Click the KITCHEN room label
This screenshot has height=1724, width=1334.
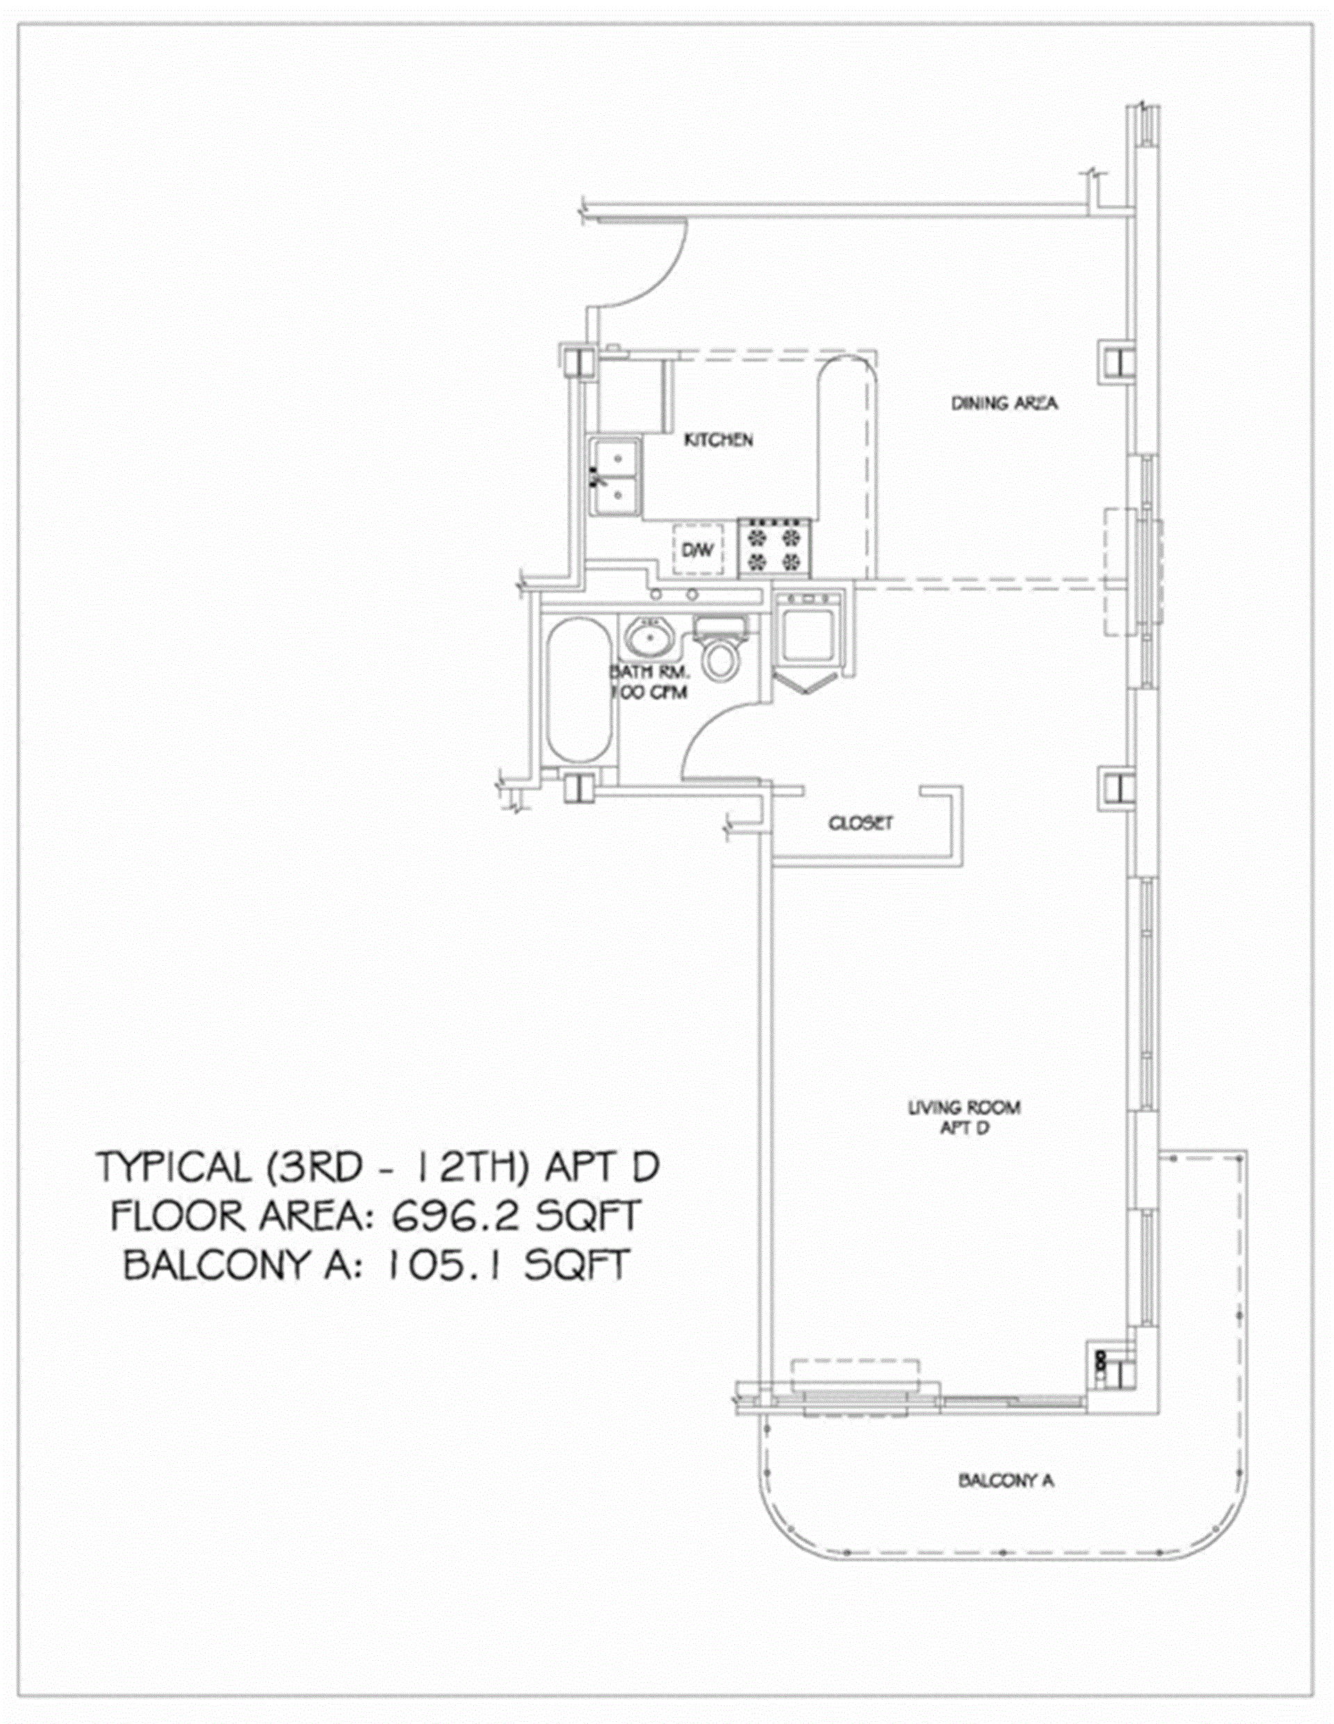(x=718, y=440)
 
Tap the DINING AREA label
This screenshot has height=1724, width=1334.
(x=1004, y=403)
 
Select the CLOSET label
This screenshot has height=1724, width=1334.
(x=860, y=823)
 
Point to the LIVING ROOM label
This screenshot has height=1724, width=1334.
(x=964, y=1107)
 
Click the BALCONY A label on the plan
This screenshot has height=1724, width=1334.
(x=1006, y=1480)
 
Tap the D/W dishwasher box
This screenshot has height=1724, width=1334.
(x=697, y=550)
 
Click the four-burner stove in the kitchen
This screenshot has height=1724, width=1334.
(x=775, y=547)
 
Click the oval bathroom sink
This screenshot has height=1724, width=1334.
(x=652, y=639)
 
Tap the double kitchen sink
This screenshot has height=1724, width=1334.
(x=617, y=478)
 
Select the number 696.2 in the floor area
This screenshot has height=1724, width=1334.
(x=454, y=1216)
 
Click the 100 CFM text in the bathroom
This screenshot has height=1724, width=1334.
(x=649, y=692)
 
